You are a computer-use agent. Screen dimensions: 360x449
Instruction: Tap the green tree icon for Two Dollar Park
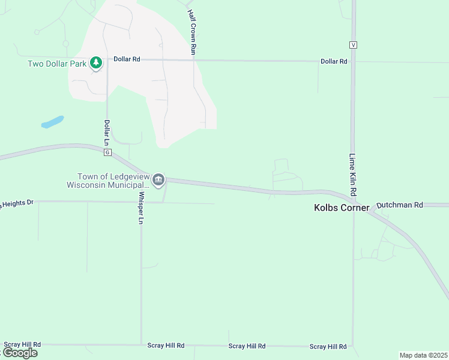[95, 62]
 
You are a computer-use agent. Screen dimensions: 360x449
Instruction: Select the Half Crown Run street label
[191, 32]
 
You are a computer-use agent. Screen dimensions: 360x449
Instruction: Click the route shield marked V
[353, 45]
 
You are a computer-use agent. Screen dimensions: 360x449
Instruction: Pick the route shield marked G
[107, 152]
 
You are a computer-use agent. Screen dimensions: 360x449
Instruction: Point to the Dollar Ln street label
[107, 133]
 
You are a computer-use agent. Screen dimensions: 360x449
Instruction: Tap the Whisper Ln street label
[142, 208]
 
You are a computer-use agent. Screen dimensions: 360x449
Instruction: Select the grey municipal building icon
[158, 179]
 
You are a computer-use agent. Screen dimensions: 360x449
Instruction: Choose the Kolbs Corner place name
[342, 208]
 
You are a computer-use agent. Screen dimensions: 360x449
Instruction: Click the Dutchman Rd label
[400, 205]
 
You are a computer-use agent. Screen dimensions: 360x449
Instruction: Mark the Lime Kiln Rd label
[353, 175]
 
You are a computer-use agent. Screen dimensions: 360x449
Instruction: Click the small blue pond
[52, 122]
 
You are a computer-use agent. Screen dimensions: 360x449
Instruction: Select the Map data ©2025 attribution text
[423, 355]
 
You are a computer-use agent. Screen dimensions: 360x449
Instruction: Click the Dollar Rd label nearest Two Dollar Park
[127, 59]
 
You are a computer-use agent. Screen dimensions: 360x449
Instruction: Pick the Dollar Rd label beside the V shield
[334, 61]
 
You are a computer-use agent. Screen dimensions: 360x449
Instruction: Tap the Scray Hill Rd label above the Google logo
[22, 344]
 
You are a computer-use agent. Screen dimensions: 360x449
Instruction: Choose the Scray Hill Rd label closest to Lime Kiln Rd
[328, 347]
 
